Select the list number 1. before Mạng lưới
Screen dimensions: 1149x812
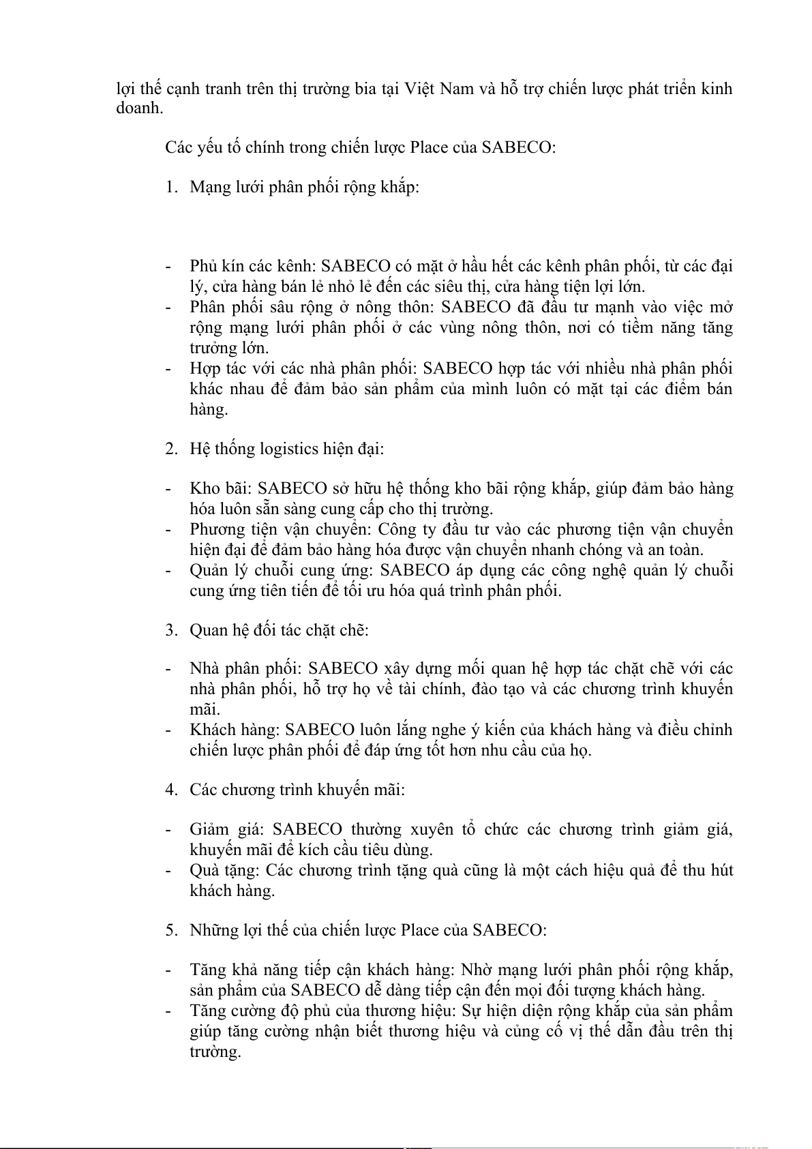click(x=171, y=187)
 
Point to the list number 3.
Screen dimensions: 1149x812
click(x=171, y=629)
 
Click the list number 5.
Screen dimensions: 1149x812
click(x=171, y=930)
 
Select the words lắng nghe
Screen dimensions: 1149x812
click(x=401, y=730)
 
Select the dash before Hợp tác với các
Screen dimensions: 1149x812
click(x=168, y=368)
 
